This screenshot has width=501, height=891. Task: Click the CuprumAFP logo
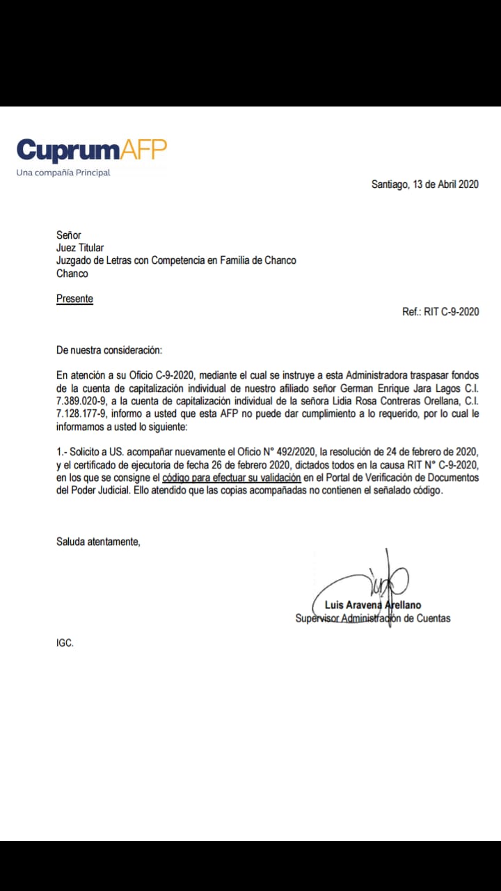pos(91,150)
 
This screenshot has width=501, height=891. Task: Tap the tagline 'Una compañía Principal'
pos(63,173)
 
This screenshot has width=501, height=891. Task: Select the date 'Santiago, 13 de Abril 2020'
pos(424,184)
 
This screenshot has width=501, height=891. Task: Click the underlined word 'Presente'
pos(74,299)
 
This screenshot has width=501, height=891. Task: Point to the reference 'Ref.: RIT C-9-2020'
pos(440,312)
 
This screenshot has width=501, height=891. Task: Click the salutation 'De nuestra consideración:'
pos(109,350)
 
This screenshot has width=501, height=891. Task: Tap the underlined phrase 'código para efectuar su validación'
pos(231,478)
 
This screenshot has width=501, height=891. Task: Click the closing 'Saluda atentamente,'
pos(98,541)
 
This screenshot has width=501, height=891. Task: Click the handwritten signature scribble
pos(376,578)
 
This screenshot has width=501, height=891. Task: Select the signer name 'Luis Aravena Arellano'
pos(372,605)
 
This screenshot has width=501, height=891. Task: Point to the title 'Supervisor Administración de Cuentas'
pos(372,618)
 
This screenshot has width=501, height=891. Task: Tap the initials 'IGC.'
pos(65,643)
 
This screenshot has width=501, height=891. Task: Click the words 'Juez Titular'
pos(80,248)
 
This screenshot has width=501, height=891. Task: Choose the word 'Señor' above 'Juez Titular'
pos(69,235)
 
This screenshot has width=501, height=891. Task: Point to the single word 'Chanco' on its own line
pos(72,274)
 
